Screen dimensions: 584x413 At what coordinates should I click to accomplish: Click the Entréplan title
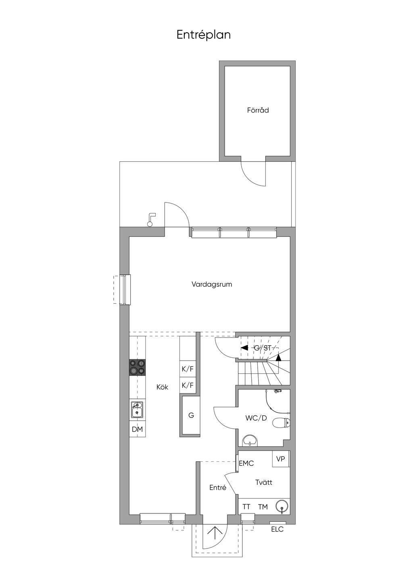coord(204,35)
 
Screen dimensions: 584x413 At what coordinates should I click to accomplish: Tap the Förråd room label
coord(258,110)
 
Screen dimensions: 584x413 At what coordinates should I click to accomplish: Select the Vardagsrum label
coord(212,284)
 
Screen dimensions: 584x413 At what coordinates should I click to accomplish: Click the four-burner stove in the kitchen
coord(137,367)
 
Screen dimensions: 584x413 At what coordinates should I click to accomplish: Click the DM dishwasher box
coord(137,430)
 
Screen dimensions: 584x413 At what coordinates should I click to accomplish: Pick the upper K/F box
coord(188,369)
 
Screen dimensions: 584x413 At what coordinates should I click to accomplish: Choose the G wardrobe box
coord(191,415)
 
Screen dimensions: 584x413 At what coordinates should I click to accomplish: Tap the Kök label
coord(163,387)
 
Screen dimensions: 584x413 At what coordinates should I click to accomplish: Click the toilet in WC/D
coord(281,423)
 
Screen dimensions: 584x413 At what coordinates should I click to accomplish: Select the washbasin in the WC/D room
coord(250,440)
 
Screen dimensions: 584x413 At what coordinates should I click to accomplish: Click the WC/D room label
coord(256,418)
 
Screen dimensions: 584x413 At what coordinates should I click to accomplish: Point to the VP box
coord(281,459)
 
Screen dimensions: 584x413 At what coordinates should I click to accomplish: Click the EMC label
coord(246,463)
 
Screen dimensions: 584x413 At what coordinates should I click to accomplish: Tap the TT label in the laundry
coord(246,507)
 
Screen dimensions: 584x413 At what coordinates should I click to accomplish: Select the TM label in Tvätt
coord(263,507)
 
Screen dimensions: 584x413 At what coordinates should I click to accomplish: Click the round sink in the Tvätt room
coord(282,507)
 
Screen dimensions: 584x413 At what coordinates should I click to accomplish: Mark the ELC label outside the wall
coord(277,529)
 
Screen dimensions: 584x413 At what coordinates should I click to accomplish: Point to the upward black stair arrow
coord(278,357)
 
